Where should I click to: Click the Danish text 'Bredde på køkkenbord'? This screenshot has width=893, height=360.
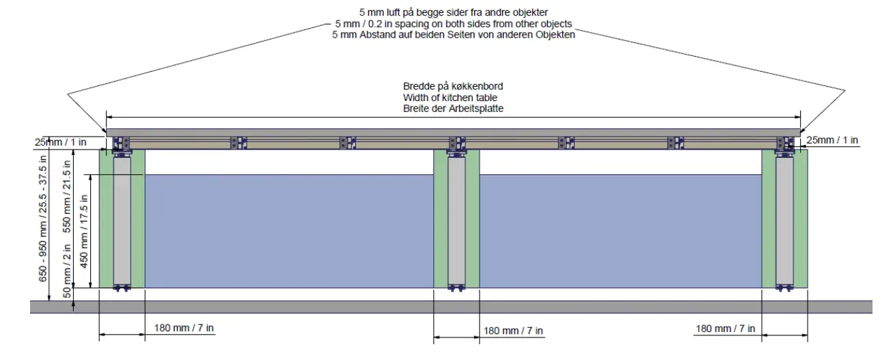coord(453,87)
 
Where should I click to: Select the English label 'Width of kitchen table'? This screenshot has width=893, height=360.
coord(453,98)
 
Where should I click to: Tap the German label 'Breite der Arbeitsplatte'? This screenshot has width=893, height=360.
coord(453,109)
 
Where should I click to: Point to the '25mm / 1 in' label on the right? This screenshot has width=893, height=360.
coord(832,141)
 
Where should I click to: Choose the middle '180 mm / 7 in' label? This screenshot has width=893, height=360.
coord(514,331)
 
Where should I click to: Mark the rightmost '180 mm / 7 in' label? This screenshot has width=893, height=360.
coord(726,329)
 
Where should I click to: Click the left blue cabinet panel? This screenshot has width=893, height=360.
coord(289,231)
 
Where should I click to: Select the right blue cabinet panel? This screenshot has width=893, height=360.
coord(620,231)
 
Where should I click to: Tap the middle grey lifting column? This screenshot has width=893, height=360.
coord(456,222)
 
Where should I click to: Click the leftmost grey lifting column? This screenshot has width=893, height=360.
coord(122,222)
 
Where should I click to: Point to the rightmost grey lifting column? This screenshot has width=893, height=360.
coord(784,222)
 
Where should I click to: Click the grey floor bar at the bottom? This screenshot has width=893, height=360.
coord(451,307)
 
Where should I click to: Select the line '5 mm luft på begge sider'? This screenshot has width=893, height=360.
coord(454,13)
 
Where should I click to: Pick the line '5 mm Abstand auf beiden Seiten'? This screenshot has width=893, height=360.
coord(454,35)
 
